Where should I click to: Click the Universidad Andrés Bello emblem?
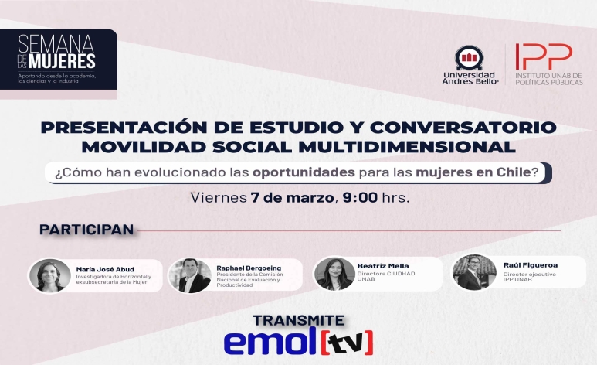point(470,57)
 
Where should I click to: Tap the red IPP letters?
point(544,56)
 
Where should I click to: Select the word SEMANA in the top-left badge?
point(56,43)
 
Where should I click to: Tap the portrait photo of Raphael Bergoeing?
point(190,275)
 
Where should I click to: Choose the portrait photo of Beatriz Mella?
point(334,274)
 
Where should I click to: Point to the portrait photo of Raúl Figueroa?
point(474,272)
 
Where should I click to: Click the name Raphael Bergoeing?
point(249,268)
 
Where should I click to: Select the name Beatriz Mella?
point(382,266)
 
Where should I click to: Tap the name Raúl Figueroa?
point(530,265)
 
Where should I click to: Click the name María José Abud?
point(105,269)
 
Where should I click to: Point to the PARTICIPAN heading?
point(86,230)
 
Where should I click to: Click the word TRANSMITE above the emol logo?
point(298,320)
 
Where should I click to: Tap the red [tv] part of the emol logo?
point(347,343)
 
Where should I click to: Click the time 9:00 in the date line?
point(360,197)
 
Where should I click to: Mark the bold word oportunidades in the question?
point(304,172)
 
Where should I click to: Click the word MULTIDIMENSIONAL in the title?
point(407,147)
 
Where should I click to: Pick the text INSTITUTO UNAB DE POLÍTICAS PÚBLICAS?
point(548,79)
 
